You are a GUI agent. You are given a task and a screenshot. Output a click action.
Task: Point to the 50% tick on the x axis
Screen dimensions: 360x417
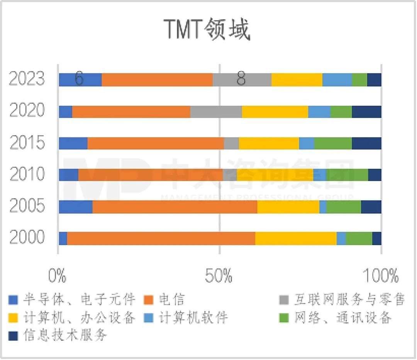219,277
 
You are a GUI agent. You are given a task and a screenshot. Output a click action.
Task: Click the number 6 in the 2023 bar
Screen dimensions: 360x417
79,79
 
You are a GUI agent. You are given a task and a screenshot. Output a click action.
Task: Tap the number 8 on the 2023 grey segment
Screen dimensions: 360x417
241,79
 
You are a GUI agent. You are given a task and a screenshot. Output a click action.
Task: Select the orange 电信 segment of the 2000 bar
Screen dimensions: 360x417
161,238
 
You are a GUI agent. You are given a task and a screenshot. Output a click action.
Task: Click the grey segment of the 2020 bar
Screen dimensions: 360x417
216,112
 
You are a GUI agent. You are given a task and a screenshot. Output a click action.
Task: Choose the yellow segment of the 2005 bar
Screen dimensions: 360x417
288,207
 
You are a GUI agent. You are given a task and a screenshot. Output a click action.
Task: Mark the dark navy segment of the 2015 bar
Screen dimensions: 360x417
366,143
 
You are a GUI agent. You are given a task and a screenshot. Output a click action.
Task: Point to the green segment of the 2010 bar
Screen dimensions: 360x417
347,175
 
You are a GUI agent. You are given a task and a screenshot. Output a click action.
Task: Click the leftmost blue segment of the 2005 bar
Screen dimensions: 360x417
76,207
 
